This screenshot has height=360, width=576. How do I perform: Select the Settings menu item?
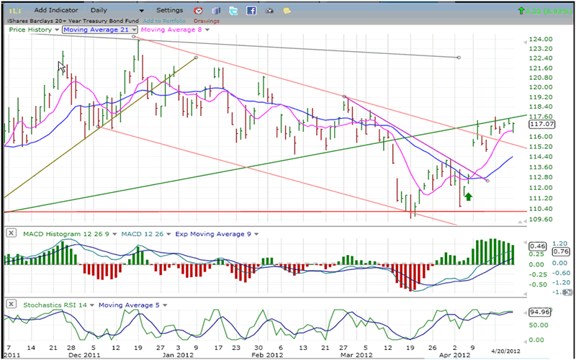170,11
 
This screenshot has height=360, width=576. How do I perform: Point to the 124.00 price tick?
539,39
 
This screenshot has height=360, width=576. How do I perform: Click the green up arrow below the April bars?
468,195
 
